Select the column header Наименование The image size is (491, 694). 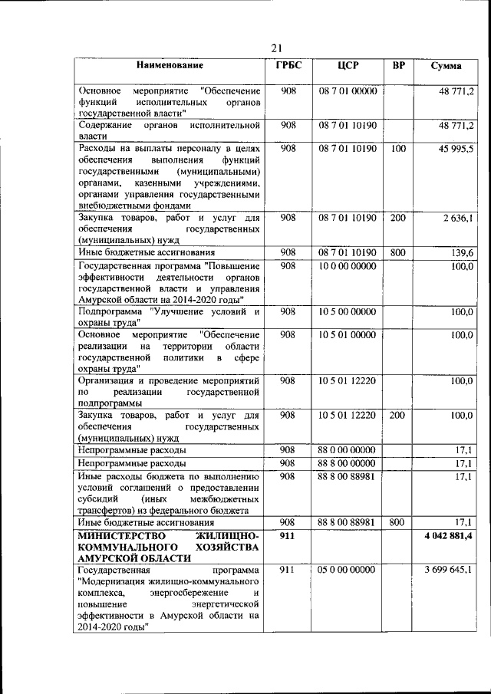tap(170, 65)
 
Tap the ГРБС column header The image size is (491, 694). tap(288, 65)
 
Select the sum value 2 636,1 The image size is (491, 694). tap(458, 219)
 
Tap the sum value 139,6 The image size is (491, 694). tap(462, 252)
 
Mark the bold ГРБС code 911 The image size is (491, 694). tap(288, 534)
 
